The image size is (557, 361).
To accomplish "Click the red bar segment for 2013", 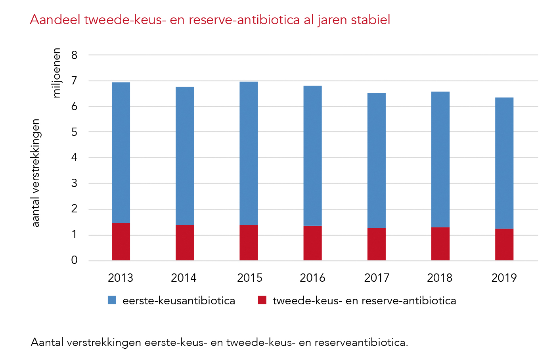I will tap(121, 242).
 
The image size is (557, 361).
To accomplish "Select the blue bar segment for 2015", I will tap(249, 153).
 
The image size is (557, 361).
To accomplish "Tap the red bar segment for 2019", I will tap(504, 244).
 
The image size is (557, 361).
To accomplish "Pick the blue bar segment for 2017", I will tap(376, 160).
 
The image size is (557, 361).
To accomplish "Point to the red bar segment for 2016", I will tap(312, 243).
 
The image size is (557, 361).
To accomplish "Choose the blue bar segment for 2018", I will tap(440, 159).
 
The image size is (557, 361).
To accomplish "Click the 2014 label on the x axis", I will tap(184, 278).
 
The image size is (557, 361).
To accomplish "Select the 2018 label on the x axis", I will tap(440, 278).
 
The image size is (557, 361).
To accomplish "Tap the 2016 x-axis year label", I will tap(312, 278).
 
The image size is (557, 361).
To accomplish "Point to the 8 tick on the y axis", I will tap(75, 55).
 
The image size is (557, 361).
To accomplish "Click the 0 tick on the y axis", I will tap(75, 260).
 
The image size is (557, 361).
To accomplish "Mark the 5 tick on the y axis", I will tap(75, 132).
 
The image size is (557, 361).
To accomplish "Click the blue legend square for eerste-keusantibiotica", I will tap(112, 300).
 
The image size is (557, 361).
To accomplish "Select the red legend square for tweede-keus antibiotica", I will tap(262, 300).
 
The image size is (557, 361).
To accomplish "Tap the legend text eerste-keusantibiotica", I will tap(179, 301).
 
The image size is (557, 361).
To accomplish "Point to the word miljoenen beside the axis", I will tap(57, 73).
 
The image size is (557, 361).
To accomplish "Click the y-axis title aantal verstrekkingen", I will tap(36, 173).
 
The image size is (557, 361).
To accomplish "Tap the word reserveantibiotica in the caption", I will tap(361, 342).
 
